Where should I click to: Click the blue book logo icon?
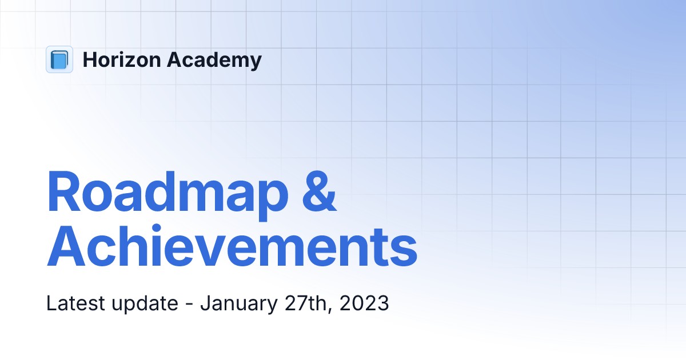[x=59, y=59]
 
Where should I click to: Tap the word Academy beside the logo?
[x=214, y=60]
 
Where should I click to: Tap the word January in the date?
[x=240, y=303]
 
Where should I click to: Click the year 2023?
[x=364, y=303]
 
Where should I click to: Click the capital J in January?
[x=205, y=303]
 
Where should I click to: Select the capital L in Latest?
[x=51, y=303]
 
